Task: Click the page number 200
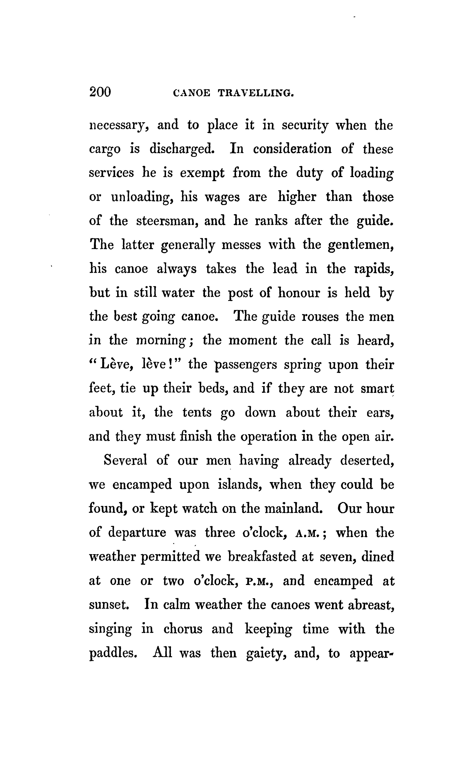click(x=100, y=92)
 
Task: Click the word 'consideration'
click(x=292, y=149)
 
